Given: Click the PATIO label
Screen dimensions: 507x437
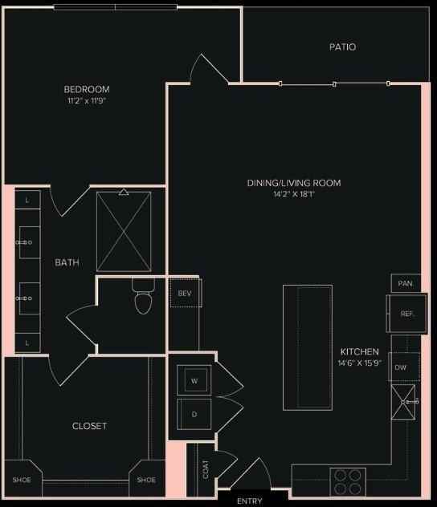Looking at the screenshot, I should click(342, 47).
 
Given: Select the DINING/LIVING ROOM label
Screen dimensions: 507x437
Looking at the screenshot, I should click(294, 184).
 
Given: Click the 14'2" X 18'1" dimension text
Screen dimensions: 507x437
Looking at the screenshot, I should click(294, 195).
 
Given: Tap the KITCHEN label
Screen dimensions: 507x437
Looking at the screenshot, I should click(359, 351).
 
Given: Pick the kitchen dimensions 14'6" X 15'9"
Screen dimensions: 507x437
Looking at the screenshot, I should click(359, 363).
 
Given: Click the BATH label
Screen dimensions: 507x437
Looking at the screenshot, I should click(67, 262).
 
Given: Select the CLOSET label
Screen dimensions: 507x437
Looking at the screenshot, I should click(89, 426).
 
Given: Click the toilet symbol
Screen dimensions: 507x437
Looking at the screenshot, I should click(143, 299).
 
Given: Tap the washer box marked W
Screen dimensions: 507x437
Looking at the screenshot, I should click(194, 380).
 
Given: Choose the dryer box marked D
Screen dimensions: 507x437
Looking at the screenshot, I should click(194, 414).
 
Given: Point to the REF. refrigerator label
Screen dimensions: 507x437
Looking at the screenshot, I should click(407, 314).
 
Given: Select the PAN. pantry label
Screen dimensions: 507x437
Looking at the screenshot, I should click(406, 284).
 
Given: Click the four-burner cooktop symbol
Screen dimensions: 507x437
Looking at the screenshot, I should click(349, 481).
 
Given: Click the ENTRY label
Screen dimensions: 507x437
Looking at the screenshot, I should click(249, 501).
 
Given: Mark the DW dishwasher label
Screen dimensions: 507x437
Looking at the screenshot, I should click(401, 367).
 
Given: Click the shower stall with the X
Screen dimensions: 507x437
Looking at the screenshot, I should click(124, 232).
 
